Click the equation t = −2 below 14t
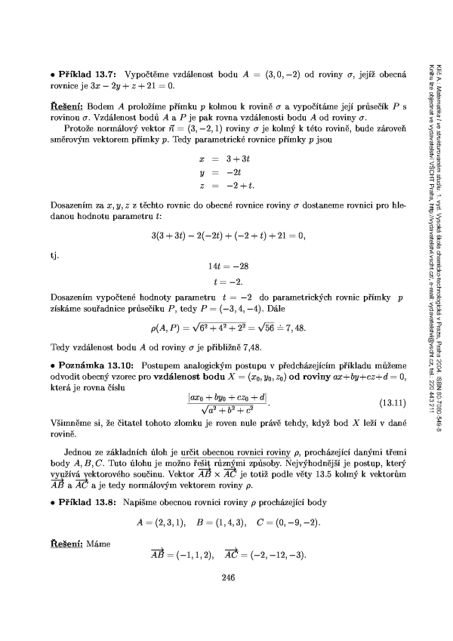230,280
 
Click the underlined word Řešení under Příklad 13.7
57,106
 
